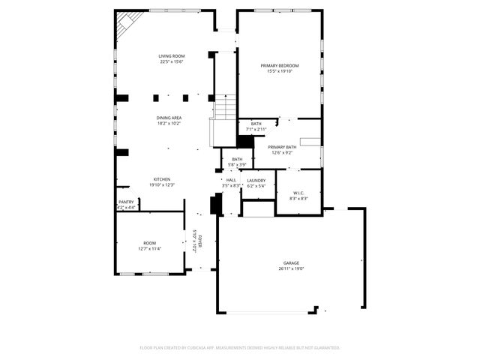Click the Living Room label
[x=172, y=56]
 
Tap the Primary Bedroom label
[x=279, y=66]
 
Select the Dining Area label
[x=169, y=118]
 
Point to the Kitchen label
[x=162, y=179]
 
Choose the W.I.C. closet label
[x=298, y=193]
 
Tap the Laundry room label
[x=256, y=180]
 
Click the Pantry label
[x=125, y=202]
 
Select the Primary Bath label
[x=282, y=147]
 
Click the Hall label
[x=231, y=180]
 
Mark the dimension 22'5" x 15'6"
[x=172, y=61]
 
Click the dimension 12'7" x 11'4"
[x=150, y=249]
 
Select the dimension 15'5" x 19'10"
[x=279, y=71]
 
